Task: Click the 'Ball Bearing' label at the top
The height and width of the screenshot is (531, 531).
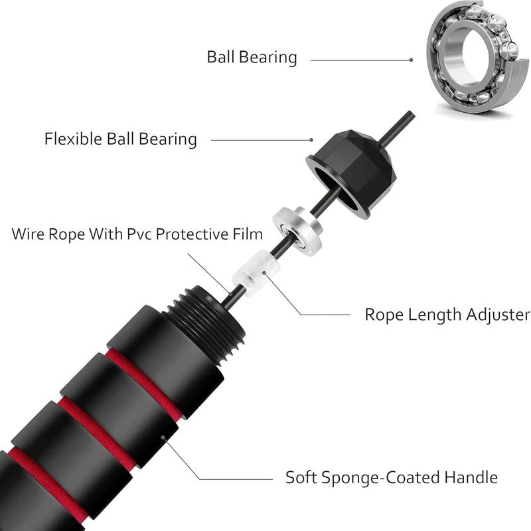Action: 252,56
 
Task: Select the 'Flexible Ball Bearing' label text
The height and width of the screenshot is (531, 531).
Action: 121,139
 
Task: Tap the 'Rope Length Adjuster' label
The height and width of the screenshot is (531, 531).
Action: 447,314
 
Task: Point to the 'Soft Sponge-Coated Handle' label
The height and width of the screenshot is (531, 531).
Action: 392,477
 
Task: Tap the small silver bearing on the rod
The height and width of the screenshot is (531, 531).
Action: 298,229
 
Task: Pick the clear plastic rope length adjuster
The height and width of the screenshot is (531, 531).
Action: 254,273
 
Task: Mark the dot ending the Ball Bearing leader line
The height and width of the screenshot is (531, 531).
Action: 412,59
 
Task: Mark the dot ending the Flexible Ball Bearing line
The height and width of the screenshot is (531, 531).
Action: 311,140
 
